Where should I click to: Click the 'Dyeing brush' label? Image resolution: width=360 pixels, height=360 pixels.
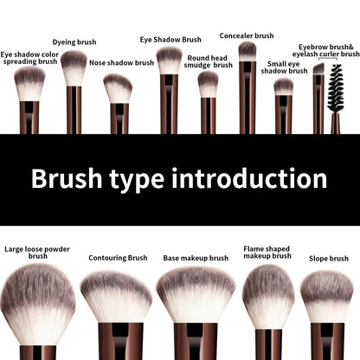click(x=74, y=42)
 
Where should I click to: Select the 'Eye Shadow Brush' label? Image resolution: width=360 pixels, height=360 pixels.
click(x=170, y=39)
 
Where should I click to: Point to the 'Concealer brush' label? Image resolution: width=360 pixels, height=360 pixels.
click(x=247, y=35)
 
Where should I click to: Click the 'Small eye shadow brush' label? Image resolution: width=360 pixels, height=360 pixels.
click(x=286, y=67)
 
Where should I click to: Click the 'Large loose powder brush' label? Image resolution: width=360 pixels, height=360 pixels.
click(x=37, y=252)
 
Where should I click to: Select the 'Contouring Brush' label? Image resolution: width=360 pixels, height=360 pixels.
click(x=118, y=257)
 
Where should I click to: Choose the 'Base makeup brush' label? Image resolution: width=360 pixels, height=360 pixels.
click(x=196, y=257)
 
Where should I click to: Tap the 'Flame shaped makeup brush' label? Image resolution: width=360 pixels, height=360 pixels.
click(x=267, y=252)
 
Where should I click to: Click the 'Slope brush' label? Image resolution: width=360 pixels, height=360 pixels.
click(x=328, y=258)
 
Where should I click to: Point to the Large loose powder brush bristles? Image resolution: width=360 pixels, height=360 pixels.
click(x=38, y=299)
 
